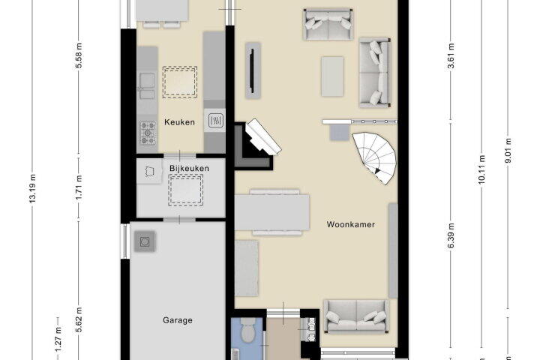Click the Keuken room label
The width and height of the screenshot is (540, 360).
179,122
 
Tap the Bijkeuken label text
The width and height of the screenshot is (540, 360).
189,169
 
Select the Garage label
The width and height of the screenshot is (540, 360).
177,320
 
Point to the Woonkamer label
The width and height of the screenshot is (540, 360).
350,224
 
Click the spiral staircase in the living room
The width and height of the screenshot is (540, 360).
375,157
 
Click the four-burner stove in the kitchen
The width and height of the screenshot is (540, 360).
148,133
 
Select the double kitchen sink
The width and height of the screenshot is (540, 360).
148,86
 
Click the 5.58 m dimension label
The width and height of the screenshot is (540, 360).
79,55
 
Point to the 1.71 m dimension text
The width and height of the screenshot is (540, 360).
79,187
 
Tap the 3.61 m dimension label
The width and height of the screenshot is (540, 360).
451,55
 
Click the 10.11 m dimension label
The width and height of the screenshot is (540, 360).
481,169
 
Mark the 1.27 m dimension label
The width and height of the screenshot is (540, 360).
58,339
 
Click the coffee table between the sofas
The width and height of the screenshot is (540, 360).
332,76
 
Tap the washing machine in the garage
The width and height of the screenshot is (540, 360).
145,241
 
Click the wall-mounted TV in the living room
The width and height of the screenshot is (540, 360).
252,70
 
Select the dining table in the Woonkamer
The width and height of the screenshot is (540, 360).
272,212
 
